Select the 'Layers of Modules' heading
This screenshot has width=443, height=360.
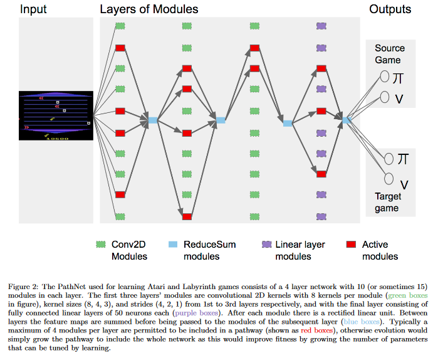(149, 9)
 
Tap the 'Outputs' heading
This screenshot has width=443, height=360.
(390, 9)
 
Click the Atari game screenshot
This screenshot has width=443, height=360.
(55, 115)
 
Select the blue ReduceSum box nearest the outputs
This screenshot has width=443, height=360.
(347, 119)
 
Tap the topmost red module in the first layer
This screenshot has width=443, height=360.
(120, 47)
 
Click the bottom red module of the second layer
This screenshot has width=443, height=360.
(187, 216)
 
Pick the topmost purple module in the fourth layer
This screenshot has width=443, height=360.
(321, 26)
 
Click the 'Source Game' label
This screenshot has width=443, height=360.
(390, 54)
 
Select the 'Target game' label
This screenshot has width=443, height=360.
(388, 202)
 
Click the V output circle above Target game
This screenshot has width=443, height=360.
(389, 178)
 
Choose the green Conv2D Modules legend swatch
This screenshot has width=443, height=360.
(100, 245)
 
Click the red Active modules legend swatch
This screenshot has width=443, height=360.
(351, 245)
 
